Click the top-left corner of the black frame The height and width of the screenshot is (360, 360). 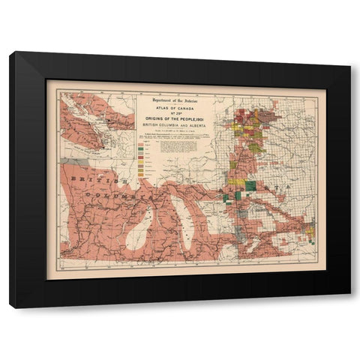[10, 52]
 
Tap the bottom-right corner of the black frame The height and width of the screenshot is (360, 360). [349, 307]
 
